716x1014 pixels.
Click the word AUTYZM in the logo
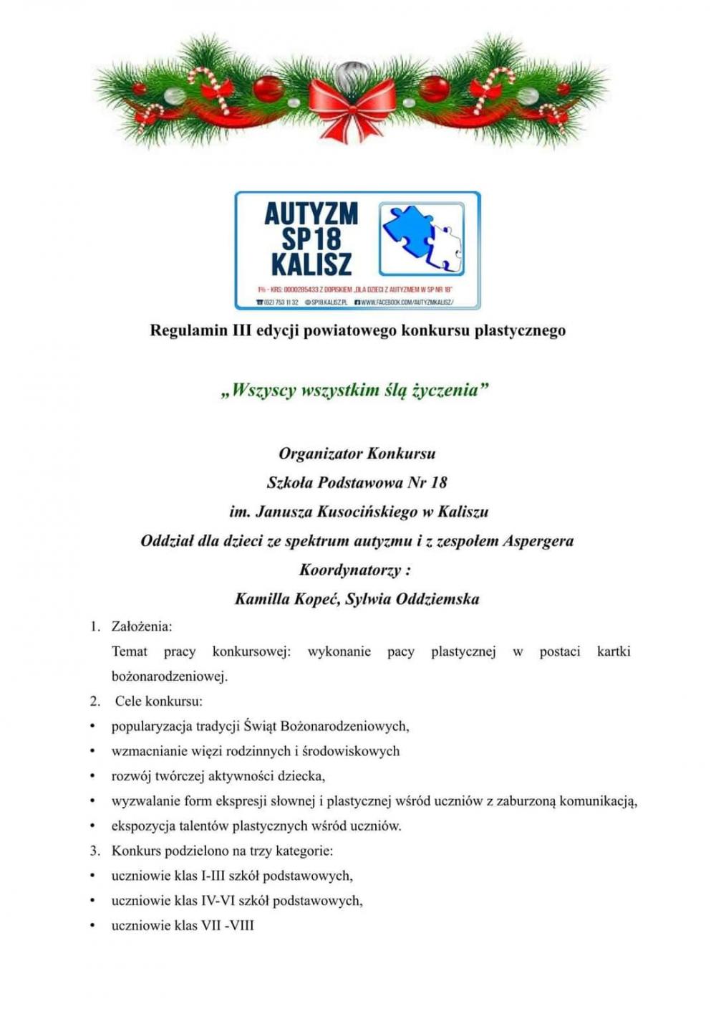click(x=311, y=214)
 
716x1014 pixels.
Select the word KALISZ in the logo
click(x=311, y=264)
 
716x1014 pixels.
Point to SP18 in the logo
click(x=311, y=239)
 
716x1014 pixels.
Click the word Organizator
click(x=320, y=454)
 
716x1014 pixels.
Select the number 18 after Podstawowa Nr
click(x=438, y=482)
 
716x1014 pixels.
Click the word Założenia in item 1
click(x=141, y=626)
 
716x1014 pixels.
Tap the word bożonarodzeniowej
click(x=169, y=676)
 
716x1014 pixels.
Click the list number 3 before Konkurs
click(x=95, y=851)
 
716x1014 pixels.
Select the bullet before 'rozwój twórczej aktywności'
click(x=92, y=776)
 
